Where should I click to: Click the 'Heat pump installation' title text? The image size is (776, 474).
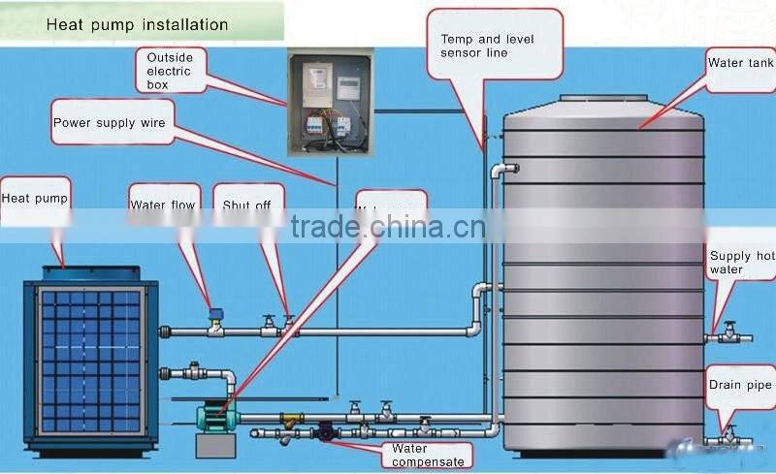137,24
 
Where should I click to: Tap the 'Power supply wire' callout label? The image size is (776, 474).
110,124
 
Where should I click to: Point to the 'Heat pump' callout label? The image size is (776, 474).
35,200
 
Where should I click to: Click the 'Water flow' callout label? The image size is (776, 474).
163,205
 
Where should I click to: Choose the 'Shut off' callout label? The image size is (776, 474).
246,205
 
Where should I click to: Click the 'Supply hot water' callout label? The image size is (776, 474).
741,263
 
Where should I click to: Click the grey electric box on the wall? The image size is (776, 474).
330,103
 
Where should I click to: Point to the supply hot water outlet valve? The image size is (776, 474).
728,335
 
